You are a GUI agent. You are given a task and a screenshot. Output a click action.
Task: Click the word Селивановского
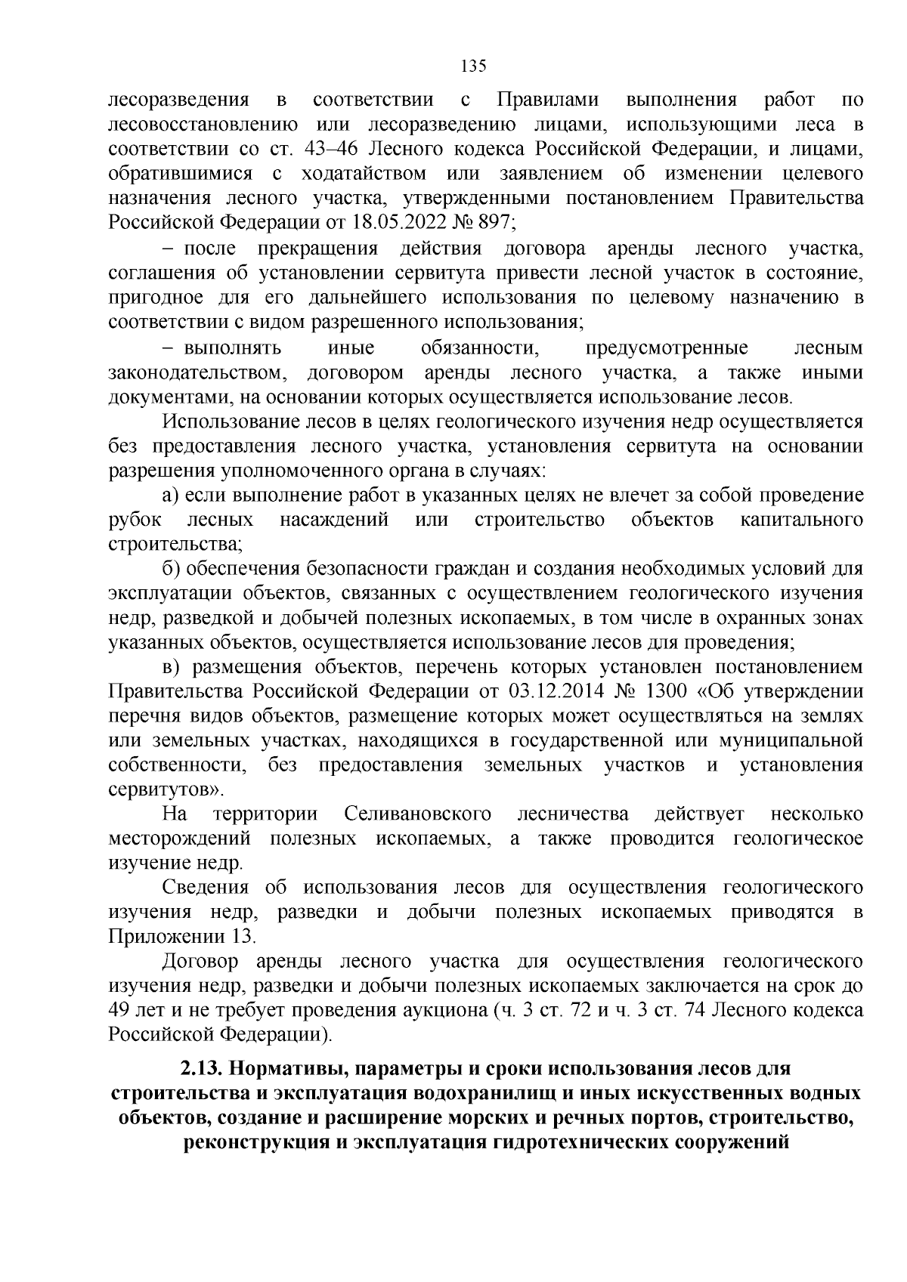417,814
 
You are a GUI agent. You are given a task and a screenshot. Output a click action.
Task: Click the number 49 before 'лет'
119,1011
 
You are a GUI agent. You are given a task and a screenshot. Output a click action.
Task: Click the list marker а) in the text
170,496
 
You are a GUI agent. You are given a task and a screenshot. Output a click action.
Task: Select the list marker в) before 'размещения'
170,668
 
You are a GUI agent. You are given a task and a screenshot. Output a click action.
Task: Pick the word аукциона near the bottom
443,1011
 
